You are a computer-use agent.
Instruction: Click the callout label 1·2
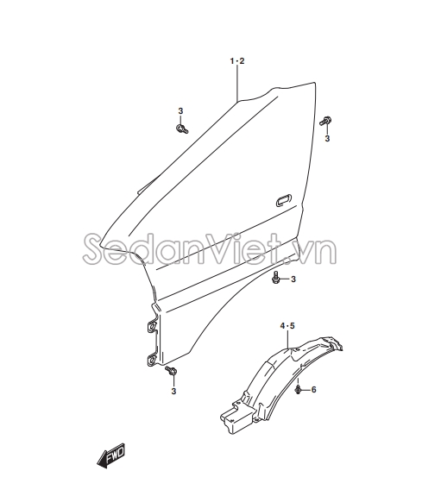pos(237,61)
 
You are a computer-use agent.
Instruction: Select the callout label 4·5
pos(287,325)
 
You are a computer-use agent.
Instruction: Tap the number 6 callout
pos(313,389)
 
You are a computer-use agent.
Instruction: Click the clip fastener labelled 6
pos(298,390)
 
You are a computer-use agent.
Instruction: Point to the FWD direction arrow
pos(111,455)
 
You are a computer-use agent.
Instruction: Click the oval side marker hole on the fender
pos(284,200)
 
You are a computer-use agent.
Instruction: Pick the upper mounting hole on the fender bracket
pos(152,326)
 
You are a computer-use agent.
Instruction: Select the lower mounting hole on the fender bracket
pos(152,360)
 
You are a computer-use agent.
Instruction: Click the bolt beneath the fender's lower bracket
pos(171,370)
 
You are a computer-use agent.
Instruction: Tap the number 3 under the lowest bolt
pos(173,392)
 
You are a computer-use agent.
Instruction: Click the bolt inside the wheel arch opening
pos(275,278)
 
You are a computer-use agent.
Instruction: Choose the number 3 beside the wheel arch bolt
pos(293,279)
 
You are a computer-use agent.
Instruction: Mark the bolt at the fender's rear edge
pos(325,121)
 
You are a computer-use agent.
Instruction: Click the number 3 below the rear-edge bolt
pos(327,139)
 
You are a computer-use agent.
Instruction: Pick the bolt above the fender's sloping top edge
pos(182,129)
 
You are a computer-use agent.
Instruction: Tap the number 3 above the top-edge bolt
pos(180,111)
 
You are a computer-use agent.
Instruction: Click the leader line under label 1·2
pos(237,84)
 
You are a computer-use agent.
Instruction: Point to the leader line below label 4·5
pos(287,340)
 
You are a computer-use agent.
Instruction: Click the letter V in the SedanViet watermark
pos(227,249)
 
